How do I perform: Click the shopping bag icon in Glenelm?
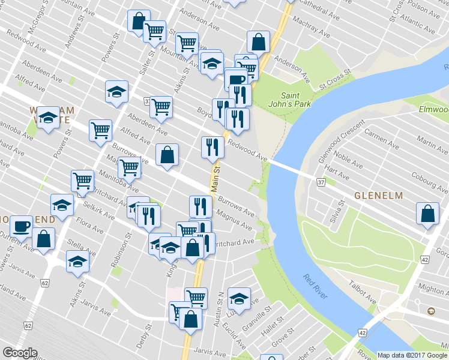click(x=427, y=214)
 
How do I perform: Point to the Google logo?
click(x=20, y=353)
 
